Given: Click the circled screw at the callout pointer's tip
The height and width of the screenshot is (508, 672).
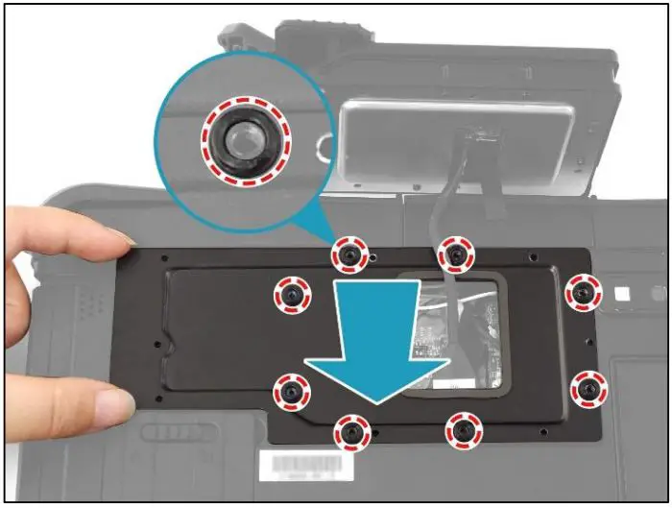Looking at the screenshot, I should pos(349,254).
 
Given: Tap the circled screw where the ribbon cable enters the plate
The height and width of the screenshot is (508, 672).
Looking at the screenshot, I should pos(457,254).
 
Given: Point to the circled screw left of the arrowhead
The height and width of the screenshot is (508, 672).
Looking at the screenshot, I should pos(291,390).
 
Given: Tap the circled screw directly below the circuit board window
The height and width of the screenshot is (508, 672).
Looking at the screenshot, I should pos(463,432).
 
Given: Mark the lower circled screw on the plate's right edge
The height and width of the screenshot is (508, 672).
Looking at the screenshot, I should pos(588,389).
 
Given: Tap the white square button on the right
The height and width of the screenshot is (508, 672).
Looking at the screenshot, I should pos(621,292).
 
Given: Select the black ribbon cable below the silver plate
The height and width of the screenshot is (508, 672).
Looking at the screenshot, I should pos(451,216).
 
